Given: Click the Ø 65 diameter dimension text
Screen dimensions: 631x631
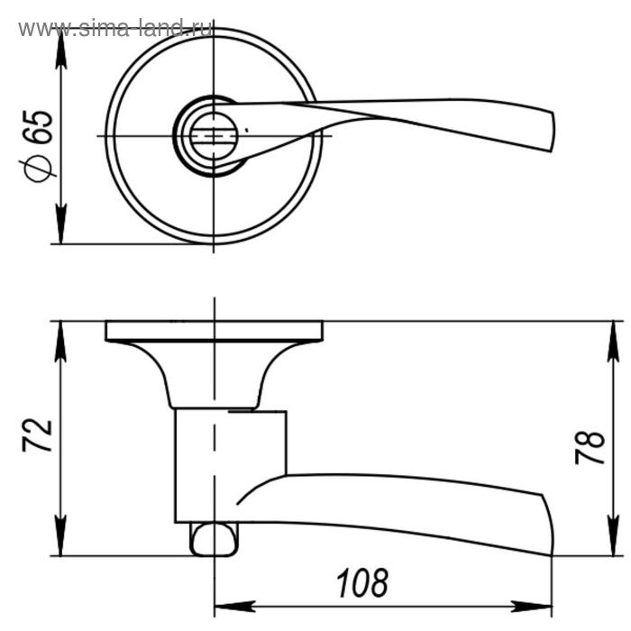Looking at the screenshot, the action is click(x=37, y=145).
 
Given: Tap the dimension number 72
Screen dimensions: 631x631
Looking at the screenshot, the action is click(x=37, y=435).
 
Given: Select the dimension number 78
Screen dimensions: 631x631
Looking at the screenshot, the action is click(x=590, y=448).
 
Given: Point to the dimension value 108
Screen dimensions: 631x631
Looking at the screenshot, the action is click(x=362, y=583).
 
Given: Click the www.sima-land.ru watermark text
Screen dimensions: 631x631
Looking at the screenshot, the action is click(x=115, y=28).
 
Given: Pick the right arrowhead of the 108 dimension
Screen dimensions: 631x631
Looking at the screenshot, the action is click(x=531, y=606).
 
